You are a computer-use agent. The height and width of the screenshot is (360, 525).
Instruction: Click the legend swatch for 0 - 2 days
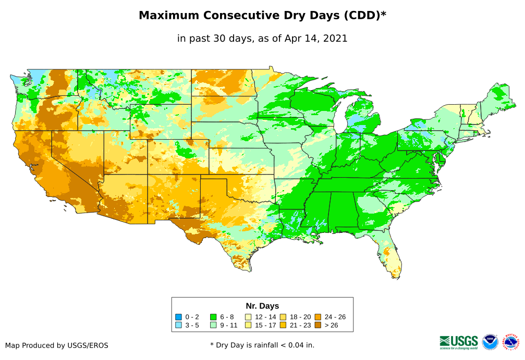[x=179, y=317]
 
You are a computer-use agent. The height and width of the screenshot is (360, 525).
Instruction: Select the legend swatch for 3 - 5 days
[x=179, y=325]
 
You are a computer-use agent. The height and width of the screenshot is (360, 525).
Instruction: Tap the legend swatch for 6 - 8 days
[x=213, y=317]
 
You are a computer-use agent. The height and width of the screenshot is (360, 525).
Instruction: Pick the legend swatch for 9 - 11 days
[x=213, y=325]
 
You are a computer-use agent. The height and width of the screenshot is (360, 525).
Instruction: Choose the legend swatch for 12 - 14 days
[x=249, y=317]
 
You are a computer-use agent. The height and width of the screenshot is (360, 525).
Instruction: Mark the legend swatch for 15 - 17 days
[x=249, y=325]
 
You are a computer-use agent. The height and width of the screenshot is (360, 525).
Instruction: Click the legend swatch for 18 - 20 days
[x=283, y=317]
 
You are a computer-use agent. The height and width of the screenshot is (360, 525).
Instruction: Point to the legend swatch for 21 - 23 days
[x=283, y=325]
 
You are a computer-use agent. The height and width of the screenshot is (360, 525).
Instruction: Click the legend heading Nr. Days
[x=262, y=306]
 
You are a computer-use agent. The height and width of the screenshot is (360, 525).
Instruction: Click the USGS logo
[x=459, y=341]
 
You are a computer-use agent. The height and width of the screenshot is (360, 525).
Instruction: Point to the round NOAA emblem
[x=490, y=342]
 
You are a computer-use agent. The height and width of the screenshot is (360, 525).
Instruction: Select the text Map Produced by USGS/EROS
[x=57, y=345]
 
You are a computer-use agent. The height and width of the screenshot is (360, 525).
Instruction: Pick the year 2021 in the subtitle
[x=335, y=39]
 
